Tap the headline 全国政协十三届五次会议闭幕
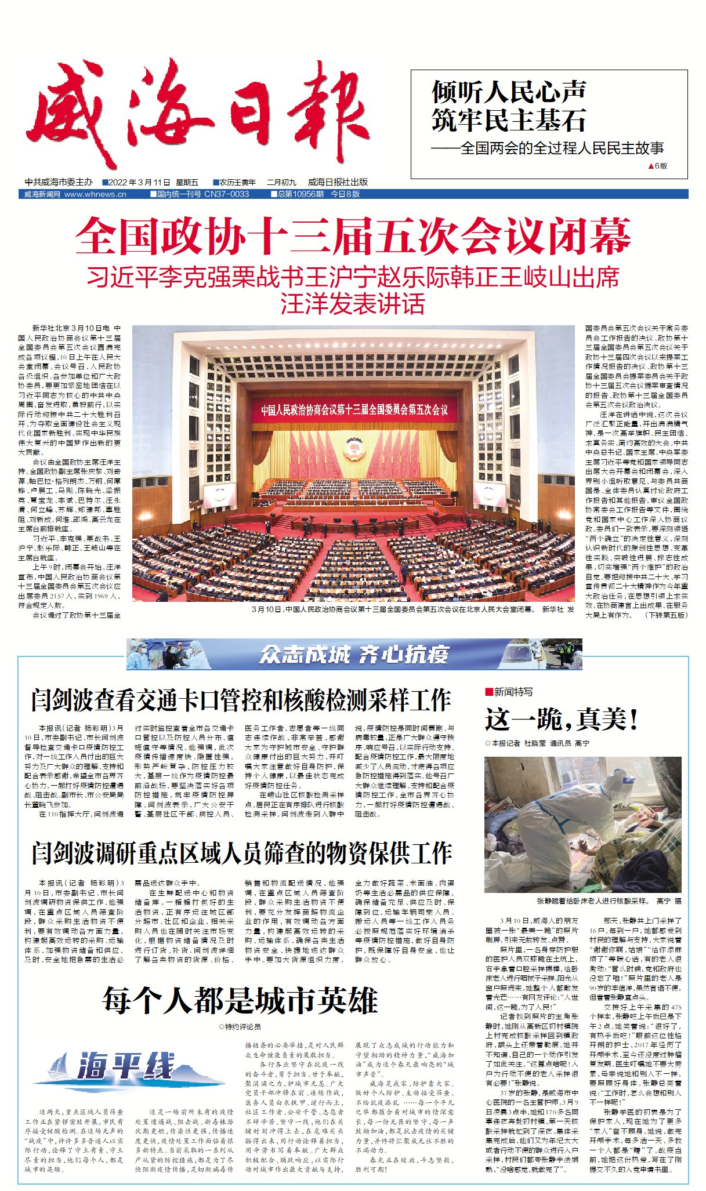pos(353,236)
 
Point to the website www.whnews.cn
pos(95,194)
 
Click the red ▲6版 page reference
pos(657,166)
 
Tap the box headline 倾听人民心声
pos(508,92)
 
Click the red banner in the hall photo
pos(354,410)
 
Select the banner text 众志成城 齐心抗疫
pos(354,654)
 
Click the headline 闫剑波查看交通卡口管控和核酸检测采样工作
pos(241,700)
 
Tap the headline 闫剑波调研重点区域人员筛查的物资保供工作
pos(241,853)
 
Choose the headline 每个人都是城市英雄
pos(240,1000)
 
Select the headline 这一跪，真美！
pos(562,720)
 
